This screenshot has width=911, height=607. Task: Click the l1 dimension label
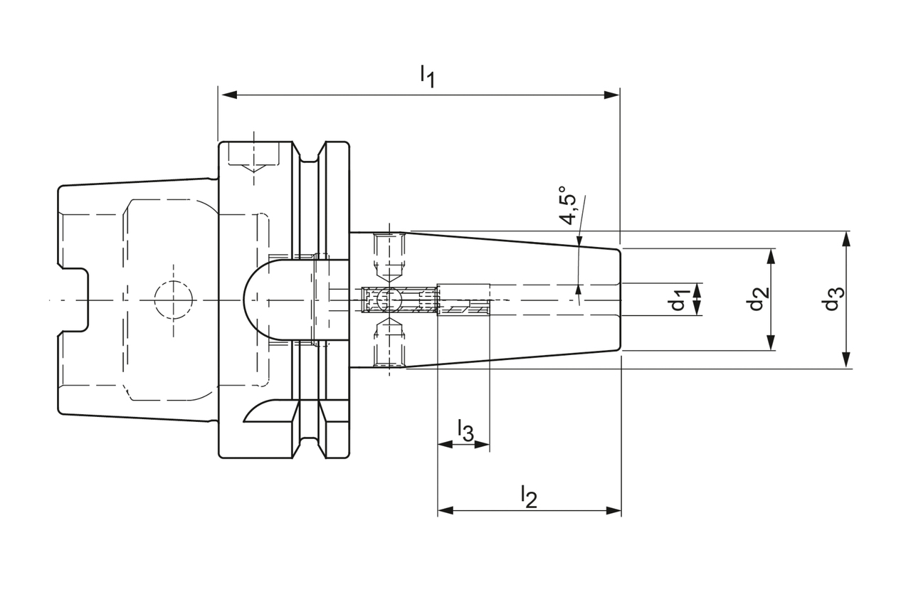(x=426, y=75)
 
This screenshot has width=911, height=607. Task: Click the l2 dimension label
(x=528, y=496)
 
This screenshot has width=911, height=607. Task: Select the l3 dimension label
(x=464, y=431)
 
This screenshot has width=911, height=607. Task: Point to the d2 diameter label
(x=757, y=300)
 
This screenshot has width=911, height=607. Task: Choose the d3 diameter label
(x=833, y=300)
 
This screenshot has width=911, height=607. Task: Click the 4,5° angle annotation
(x=569, y=207)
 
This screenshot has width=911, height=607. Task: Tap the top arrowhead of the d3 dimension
(x=846, y=238)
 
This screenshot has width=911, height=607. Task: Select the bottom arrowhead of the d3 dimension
(x=846, y=361)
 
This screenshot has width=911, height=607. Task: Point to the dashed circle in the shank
(x=174, y=300)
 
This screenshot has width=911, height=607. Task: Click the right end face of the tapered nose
(x=621, y=300)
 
